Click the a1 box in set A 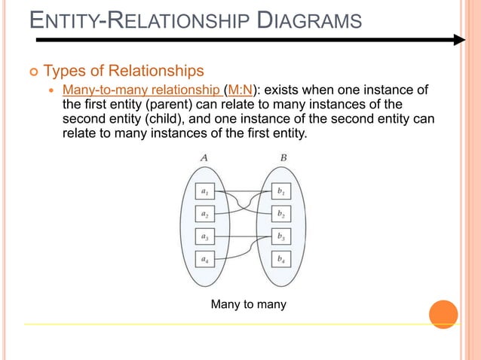click(204, 191)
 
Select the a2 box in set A click(204, 214)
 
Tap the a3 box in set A click(204, 236)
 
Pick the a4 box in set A click(204, 259)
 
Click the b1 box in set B click(281, 191)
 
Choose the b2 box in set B click(281, 214)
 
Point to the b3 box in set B click(281, 236)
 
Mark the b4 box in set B click(281, 259)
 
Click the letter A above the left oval click(204, 158)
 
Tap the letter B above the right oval click(281, 158)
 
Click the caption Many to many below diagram click(249, 304)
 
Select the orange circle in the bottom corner click(443, 314)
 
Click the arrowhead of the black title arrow click(459, 40)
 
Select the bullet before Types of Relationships click(32, 72)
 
